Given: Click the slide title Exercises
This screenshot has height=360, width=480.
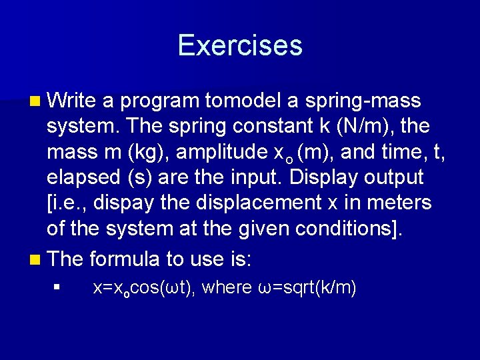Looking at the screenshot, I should (240, 45).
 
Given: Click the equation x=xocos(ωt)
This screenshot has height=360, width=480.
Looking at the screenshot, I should (143, 288).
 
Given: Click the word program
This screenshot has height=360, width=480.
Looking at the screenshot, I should (159, 101).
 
